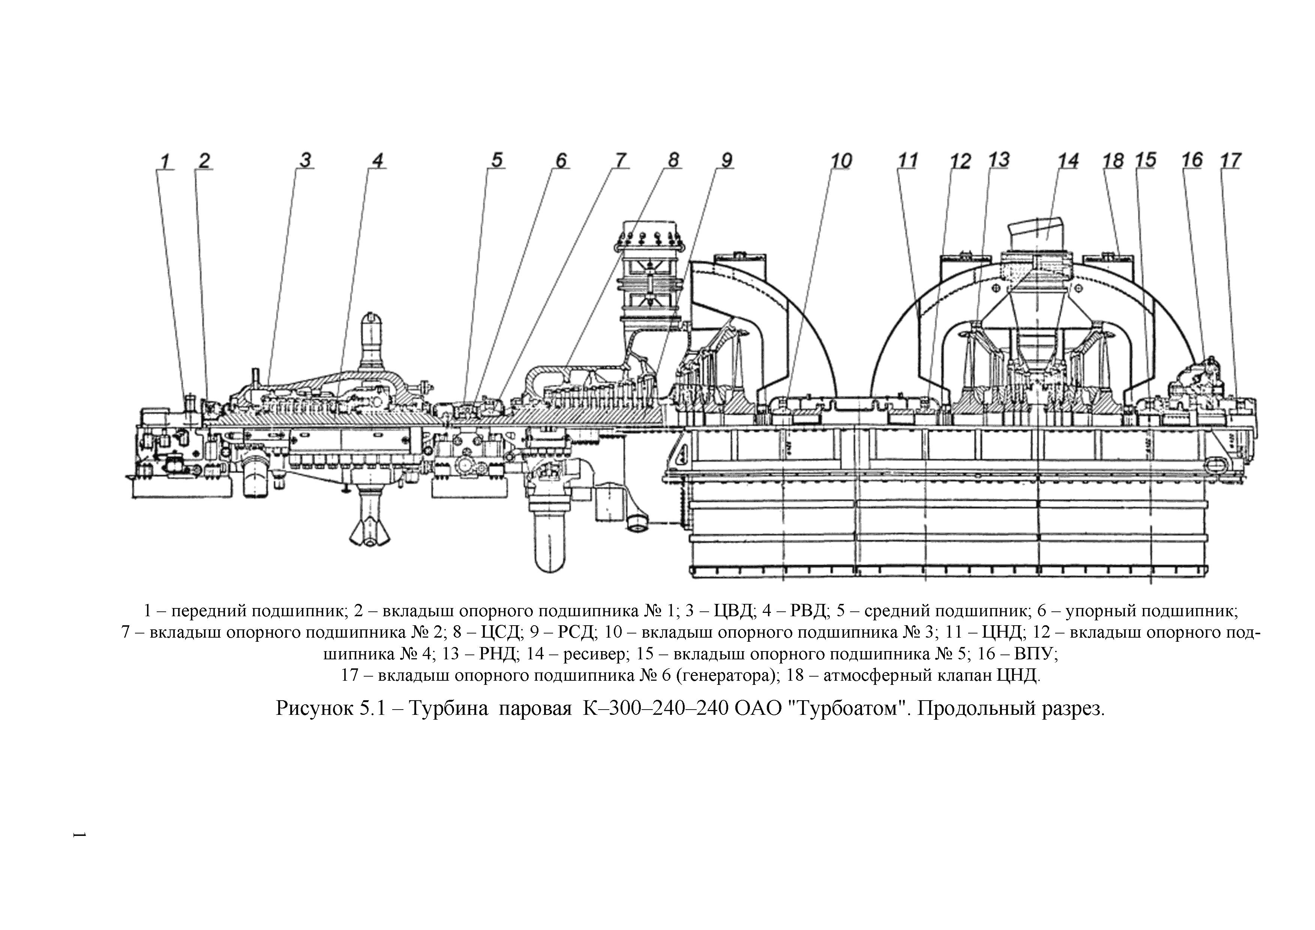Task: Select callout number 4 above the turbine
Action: pyautogui.click(x=378, y=161)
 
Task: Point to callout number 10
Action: pyautogui.click(x=841, y=161)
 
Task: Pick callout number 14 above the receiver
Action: pyautogui.click(x=1068, y=161)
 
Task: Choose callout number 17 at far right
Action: pyautogui.click(x=1230, y=160)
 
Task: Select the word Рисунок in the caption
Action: pyautogui.click(x=314, y=709)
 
